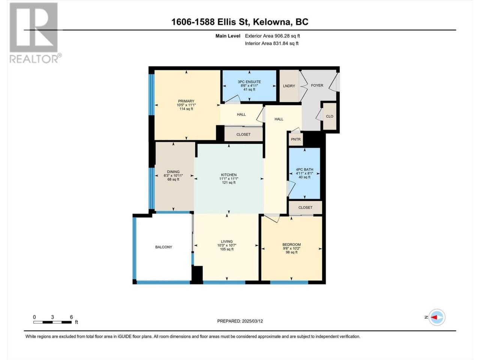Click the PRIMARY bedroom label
point(186,101)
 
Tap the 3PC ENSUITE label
point(249,82)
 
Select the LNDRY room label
point(289,86)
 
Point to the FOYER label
point(317,85)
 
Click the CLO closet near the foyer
point(330,116)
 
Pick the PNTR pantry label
point(295,139)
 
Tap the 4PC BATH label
point(304,169)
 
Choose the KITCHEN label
point(229,175)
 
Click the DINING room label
point(173,172)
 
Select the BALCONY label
point(163,247)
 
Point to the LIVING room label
point(226,241)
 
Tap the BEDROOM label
point(291,244)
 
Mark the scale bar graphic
point(52,322)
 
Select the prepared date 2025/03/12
point(252,321)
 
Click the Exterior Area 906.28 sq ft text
point(273,36)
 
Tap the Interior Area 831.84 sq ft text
point(271,43)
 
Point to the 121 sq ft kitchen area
point(229,183)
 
